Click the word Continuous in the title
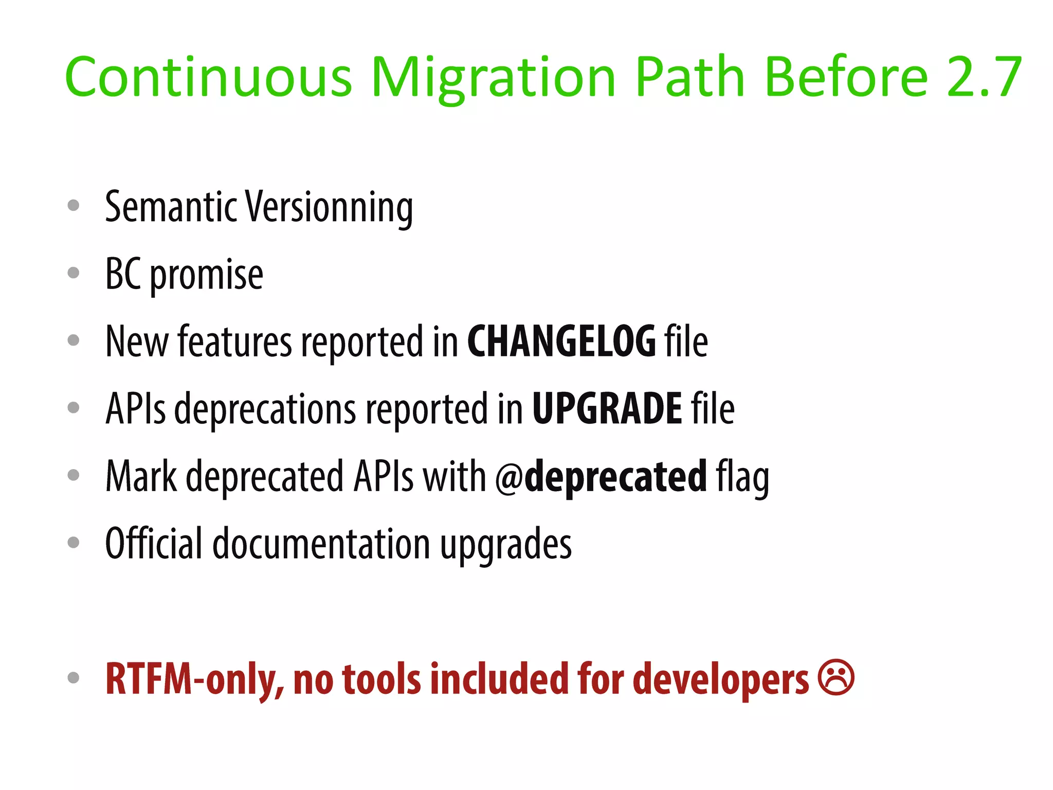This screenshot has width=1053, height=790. [x=208, y=77]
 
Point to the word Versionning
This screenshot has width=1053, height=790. [x=329, y=207]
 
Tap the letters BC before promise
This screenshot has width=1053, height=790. [x=123, y=274]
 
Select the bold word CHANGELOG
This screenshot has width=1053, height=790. [x=561, y=341]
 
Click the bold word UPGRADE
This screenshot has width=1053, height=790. [x=607, y=408]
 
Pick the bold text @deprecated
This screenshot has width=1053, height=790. [x=601, y=476]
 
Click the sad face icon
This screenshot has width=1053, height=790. [x=836, y=677]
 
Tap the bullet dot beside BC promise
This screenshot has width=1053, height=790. [x=74, y=273]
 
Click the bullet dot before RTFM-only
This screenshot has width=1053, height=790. [x=74, y=677]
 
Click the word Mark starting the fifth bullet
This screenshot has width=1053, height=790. [x=141, y=476]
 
